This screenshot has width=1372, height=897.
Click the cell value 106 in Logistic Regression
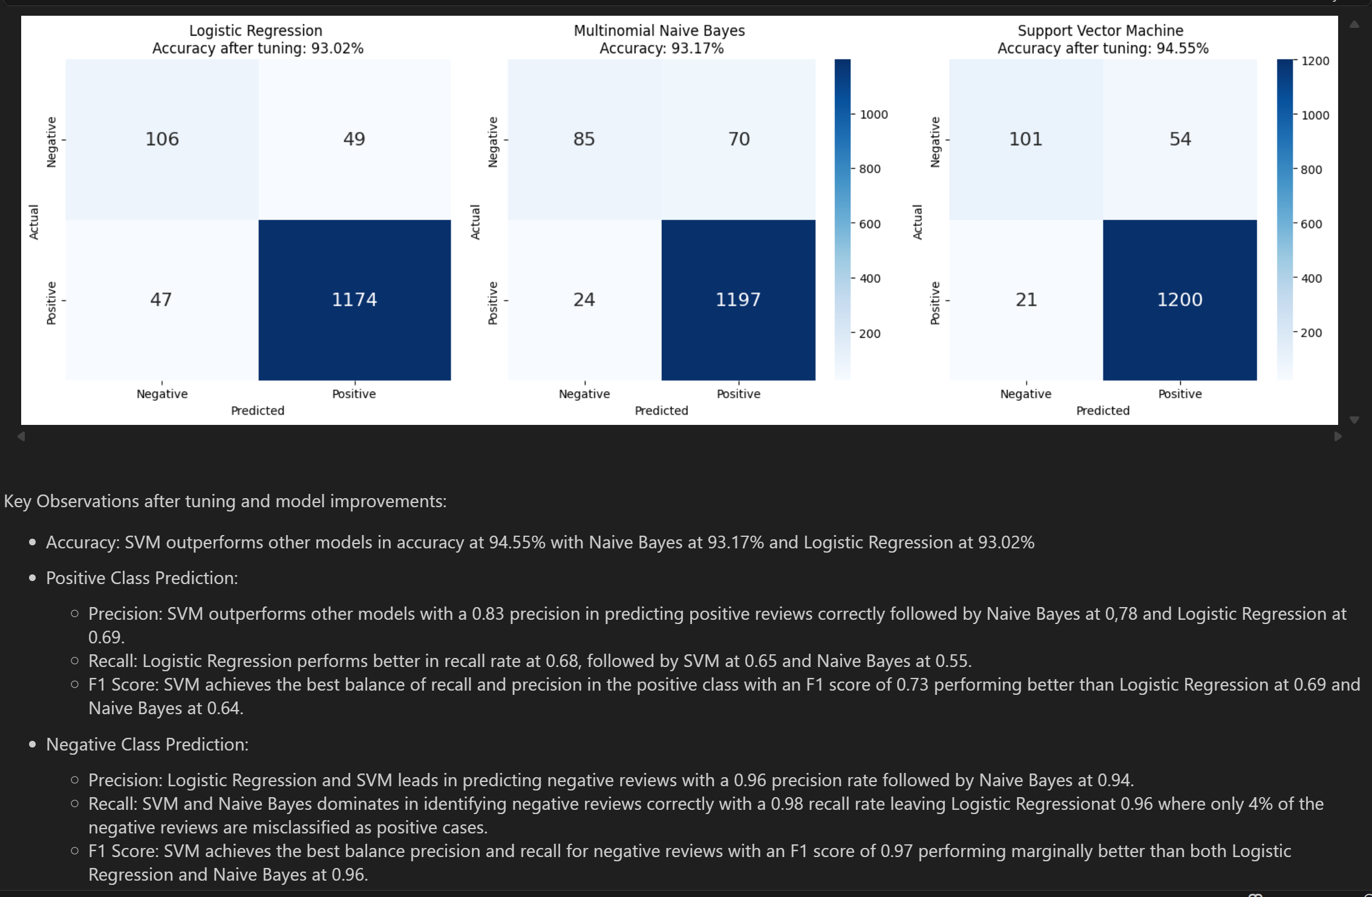point(162,139)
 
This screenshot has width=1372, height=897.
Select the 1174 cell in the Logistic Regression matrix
point(354,300)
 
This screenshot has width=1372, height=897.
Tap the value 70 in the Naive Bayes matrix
point(739,139)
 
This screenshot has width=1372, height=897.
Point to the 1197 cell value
point(738,300)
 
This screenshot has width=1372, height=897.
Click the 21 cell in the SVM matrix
point(1026,300)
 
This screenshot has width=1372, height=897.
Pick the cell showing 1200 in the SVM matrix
point(1180,300)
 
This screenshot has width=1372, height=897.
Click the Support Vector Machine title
point(1100,30)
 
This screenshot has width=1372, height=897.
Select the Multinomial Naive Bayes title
point(659,30)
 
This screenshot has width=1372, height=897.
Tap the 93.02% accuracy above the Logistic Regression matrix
point(337,48)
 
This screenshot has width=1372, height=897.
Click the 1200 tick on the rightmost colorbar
point(1315,61)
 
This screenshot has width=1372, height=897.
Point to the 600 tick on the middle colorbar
point(870,224)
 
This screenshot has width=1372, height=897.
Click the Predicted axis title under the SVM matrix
point(1102,410)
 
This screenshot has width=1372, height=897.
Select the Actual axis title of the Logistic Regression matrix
point(34,222)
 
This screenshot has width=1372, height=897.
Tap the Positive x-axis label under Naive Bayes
point(738,394)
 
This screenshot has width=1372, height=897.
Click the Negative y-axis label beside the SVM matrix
point(935,142)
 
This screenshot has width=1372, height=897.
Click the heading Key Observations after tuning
point(225,501)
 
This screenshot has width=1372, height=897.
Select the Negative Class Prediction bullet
point(147,744)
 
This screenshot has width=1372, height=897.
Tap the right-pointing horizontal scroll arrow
point(1338,436)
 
